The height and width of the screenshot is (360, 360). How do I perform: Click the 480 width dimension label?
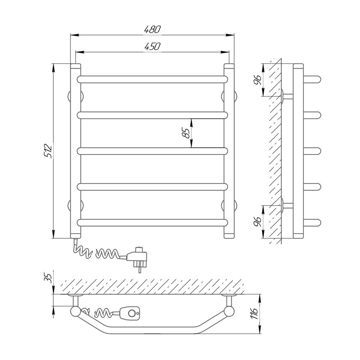point(152,30)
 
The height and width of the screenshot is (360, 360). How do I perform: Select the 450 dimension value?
point(152,46)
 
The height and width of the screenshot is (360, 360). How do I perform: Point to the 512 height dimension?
point(49,150)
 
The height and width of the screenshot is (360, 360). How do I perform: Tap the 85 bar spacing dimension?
point(187,133)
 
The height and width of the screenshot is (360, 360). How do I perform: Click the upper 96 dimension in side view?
point(258,80)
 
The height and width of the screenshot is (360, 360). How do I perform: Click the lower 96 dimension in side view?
point(258,222)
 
